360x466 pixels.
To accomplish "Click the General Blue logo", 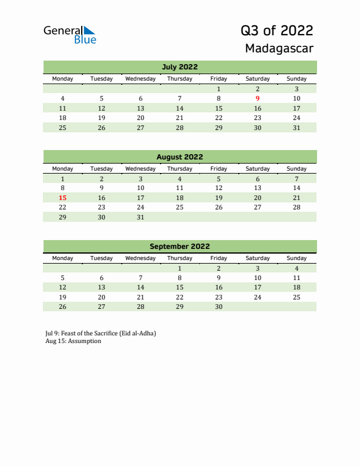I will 69,34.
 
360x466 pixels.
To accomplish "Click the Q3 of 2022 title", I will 276,30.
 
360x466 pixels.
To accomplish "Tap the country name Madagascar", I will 279,48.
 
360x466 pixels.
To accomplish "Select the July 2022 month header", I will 179,66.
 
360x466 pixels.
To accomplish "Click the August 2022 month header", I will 179,157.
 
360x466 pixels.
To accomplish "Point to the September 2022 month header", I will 179,247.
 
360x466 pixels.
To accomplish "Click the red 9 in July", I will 258,98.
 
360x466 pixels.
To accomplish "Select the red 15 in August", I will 63,198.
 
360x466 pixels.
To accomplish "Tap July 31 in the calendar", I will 296,128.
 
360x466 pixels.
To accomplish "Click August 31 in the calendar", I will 141,217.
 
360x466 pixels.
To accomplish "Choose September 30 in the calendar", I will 219,307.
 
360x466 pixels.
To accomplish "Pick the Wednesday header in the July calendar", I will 141,79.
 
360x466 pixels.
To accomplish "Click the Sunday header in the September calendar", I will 296,258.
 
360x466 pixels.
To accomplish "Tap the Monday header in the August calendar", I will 63,169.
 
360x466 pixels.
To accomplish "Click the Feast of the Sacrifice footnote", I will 101,333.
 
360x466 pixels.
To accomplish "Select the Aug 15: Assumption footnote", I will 73,341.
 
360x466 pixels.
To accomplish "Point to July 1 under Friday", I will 219,89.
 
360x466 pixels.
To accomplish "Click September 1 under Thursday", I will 179,268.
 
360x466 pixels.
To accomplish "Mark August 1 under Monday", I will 63,178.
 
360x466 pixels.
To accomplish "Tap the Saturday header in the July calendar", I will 258,79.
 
